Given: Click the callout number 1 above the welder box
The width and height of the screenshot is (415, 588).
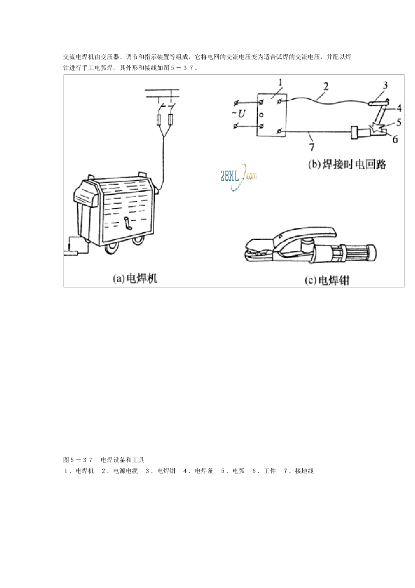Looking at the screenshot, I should (x=280, y=82).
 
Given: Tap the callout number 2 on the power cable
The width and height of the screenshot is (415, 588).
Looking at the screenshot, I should (x=325, y=86).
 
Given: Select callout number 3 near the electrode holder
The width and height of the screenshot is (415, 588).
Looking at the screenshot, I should (x=385, y=85).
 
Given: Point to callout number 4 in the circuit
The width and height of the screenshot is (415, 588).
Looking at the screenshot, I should (x=399, y=108).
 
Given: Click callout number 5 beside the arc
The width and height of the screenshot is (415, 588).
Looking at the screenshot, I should (x=399, y=122).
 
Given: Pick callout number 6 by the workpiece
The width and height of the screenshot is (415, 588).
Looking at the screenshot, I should (x=395, y=139).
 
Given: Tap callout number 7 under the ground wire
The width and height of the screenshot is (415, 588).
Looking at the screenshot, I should (x=311, y=146).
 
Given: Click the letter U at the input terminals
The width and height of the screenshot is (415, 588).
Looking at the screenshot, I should (x=241, y=114).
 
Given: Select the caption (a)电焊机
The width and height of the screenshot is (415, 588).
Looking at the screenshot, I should (x=135, y=278).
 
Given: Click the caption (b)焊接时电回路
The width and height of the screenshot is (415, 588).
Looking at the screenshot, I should (x=347, y=164).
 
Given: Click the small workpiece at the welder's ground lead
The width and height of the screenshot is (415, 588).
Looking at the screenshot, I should (x=71, y=252).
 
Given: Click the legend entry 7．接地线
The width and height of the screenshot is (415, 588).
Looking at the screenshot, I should (x=298, y=471).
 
